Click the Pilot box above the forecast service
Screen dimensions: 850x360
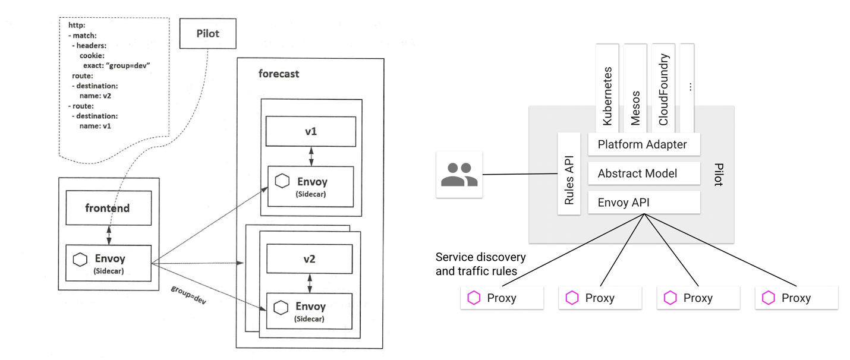click(207, 33)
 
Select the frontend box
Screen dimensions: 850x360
click(109, 208)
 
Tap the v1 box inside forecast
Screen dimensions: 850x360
click(311, 131)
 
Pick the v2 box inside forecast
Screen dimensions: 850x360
click(309, 259)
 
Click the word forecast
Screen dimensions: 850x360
click(279, 74)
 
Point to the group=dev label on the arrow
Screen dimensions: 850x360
click(188, 295)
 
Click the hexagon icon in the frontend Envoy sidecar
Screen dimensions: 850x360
click(80, 260)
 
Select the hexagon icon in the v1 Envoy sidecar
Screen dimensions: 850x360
click(282, 181)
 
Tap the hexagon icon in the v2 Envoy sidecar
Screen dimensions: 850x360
click(281, 307)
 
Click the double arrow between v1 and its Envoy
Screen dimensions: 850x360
click(311, 156)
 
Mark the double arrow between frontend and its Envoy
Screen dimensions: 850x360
click(109, 235)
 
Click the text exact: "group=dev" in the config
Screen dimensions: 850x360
click(117, 65)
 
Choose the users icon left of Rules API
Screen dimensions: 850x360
click(459, 175)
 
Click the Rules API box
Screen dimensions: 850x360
click(569, 173)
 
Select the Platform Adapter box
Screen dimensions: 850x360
click(644, 144)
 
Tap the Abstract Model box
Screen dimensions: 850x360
click(644, 173)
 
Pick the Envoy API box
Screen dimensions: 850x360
click(644, 202)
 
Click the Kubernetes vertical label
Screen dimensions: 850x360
click(607, 96)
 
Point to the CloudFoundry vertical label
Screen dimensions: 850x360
click(663, 90)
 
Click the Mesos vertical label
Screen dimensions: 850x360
click(635, 108)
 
